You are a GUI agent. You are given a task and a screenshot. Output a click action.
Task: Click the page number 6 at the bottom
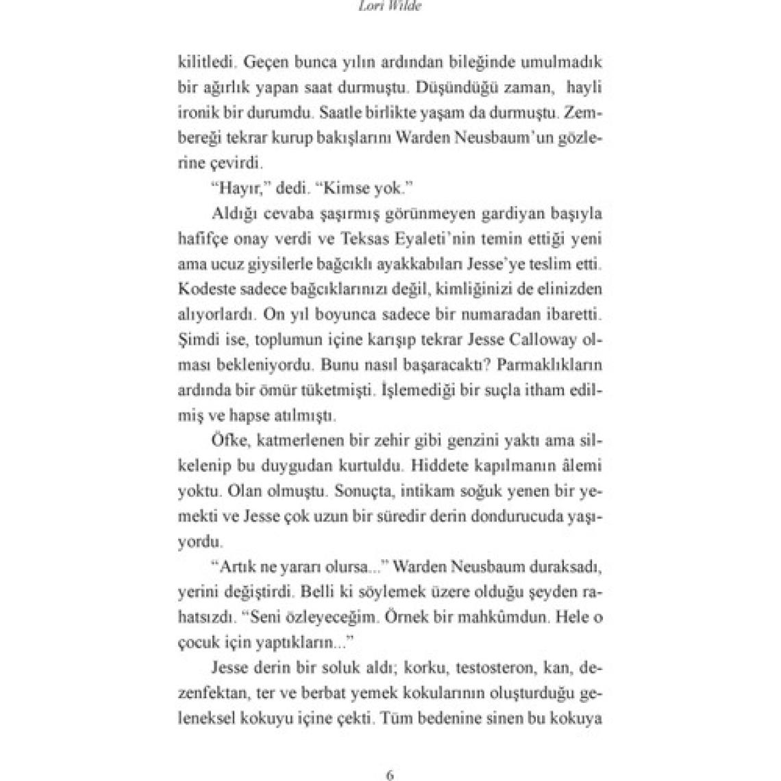[389, 757]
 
